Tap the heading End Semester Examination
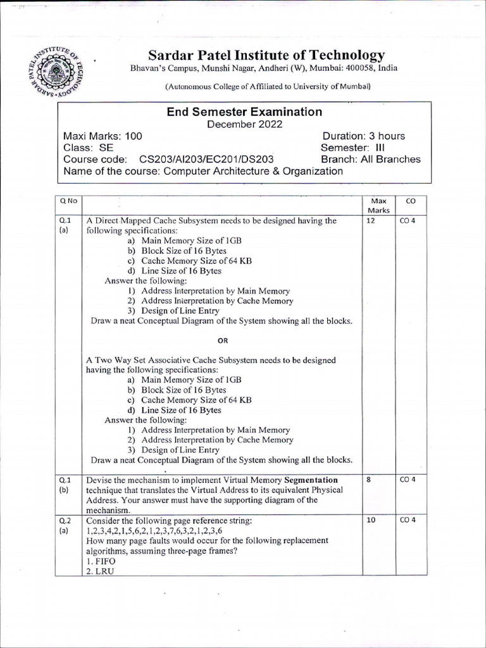[x=244, y=112]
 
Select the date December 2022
[x=245, y=124]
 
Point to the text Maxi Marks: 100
[x=103, y=136]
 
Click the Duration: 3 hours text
[x=363, y=136]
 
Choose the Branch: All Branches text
[x=370, y=159]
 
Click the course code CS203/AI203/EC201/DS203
[x=206, y=159]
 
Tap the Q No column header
[x=68, y=201]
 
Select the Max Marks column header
[x=378, y=205]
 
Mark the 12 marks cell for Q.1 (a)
[x=371, y=221]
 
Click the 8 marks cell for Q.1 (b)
[x=368, y=480]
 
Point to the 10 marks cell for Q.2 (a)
[x=371, y=521]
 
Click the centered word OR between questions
[x=222, y=340]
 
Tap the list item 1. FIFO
[x=99, y=561]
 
